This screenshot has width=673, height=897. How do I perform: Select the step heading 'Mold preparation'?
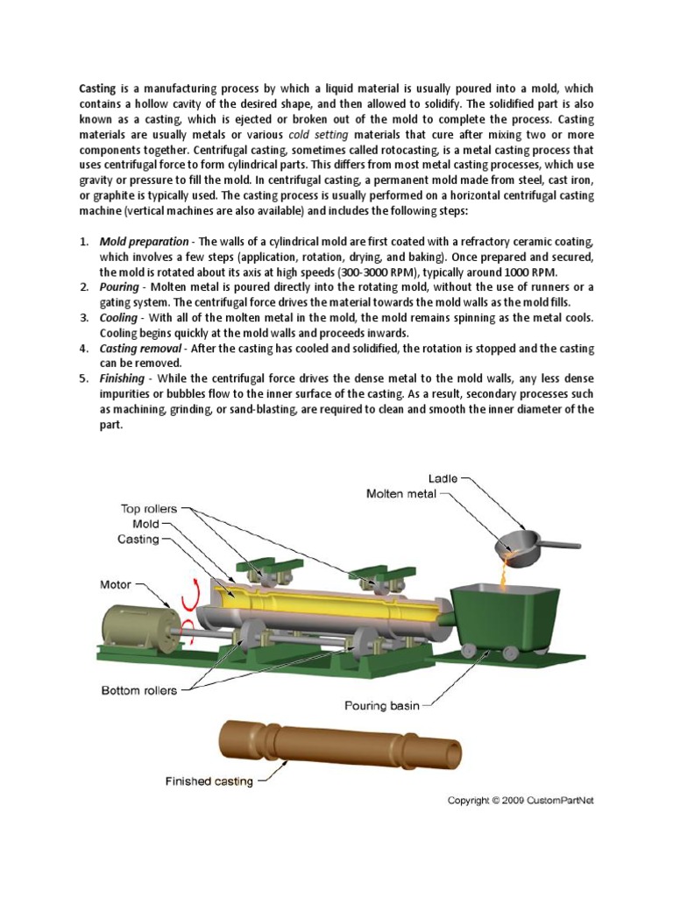(x=144, y=241)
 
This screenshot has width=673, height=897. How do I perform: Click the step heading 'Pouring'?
(x=120, y=287)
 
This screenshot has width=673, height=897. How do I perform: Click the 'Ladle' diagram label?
(x=443, y=478)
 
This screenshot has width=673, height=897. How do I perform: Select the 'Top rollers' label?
(x=149, y=508)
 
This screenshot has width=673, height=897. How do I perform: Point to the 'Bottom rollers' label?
(x=138, y=690)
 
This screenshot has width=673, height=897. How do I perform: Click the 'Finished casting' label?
(x=210, y=780)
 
